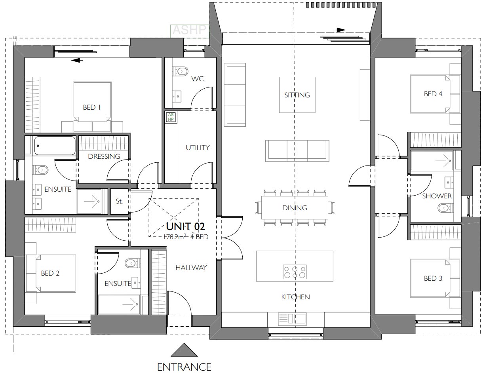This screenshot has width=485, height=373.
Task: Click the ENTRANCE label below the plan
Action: (184, 367)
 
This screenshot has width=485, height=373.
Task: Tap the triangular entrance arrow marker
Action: (184, 350)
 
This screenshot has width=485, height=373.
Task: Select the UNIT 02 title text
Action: (185, 226)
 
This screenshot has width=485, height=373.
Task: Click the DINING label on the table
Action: (295, 208)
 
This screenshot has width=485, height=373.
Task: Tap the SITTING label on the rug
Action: (297, 95)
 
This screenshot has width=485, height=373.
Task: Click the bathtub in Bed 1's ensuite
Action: (55, 146)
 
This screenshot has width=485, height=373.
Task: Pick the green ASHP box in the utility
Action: (171, 117)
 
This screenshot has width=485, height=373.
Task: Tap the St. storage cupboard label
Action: (119, 201)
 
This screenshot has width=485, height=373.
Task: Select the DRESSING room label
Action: (104, 156)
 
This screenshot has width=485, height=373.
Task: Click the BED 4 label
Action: (433, 94)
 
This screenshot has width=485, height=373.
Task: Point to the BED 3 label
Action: (433, 278)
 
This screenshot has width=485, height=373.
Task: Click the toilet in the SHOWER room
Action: (445, 207)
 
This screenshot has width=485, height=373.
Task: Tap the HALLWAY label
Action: (191, 268)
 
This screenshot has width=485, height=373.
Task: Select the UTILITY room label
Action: (198, 148)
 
